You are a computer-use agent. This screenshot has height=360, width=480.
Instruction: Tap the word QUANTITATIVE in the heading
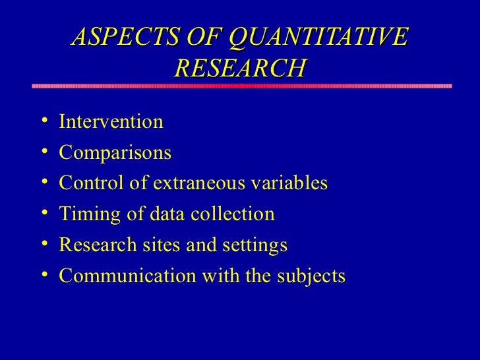pos(318,38)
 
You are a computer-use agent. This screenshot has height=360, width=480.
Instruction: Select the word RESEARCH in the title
pos(240,68)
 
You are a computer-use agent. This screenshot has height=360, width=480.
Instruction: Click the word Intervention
pos(111,122)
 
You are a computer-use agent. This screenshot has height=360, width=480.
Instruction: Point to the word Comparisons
pos(115,153)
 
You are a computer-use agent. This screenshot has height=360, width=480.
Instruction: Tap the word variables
pos(293,183)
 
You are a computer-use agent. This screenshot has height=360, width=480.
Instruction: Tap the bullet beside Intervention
pos(43,121)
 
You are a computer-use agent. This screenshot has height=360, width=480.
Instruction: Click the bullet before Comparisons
pos(43,152)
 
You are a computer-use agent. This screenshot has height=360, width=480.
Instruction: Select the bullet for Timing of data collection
pos(43,214)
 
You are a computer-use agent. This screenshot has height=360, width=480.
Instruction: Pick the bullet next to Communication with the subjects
pos(43,275)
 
